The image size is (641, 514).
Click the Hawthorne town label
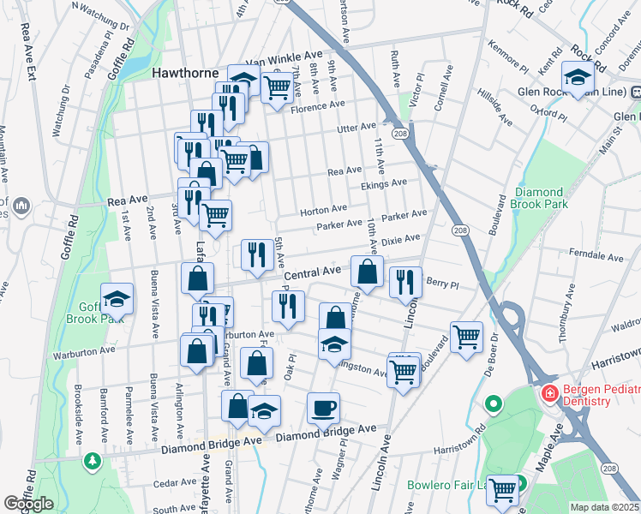click(185, 73)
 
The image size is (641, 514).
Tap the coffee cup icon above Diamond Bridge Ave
click(323, 408)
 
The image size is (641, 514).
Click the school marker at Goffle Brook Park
click(117, 298)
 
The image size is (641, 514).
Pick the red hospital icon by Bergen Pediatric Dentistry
click(547, 393)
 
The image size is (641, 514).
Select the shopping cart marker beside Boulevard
click(466, 337)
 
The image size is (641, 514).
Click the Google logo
click(28, 503)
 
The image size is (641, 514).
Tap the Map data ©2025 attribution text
click(604, 507)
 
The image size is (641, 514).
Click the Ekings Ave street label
click(383, 183)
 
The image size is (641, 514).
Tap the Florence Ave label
click(317, 105)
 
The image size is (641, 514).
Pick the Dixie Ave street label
click(400, 242)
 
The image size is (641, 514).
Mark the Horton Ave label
click(323, 208)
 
